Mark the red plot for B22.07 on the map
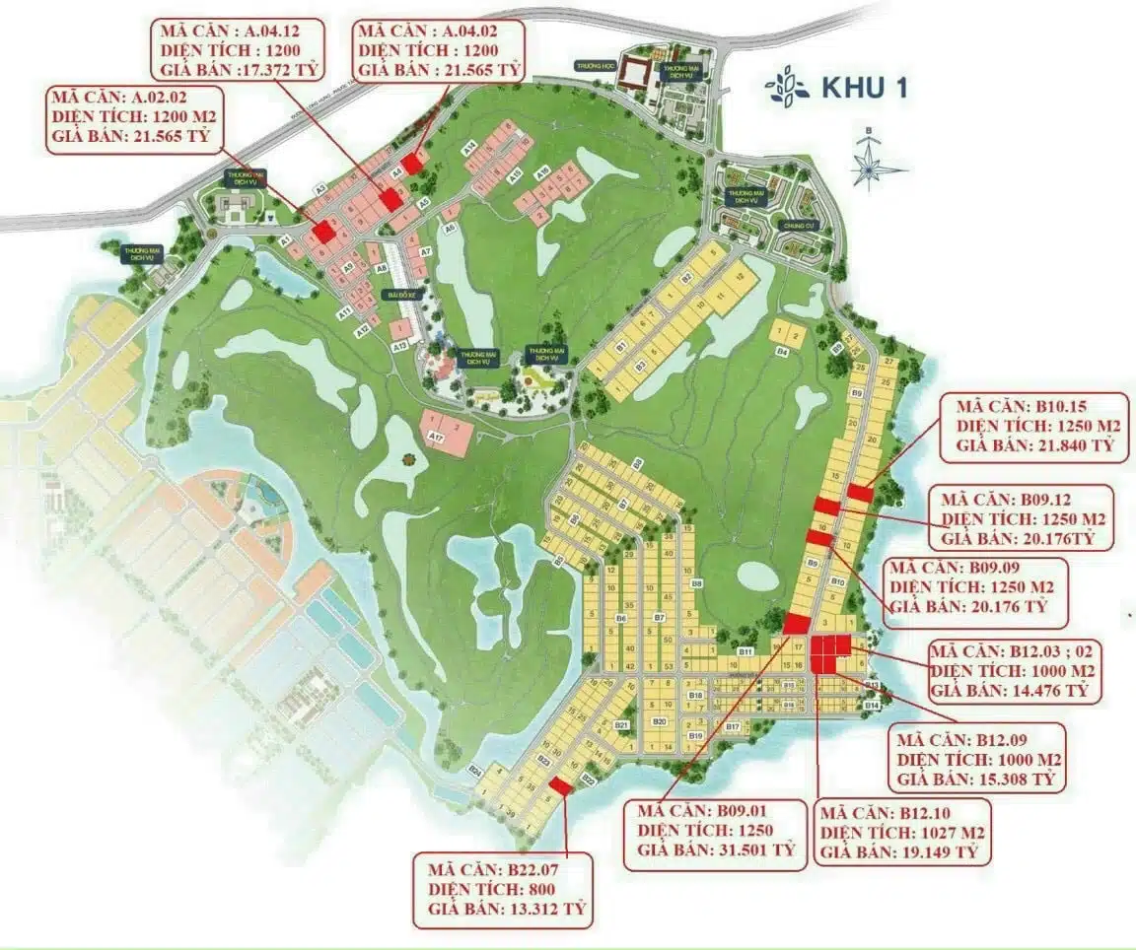tap(561, 785)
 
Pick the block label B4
tap(782, 351)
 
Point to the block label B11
tap(745, 652)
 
